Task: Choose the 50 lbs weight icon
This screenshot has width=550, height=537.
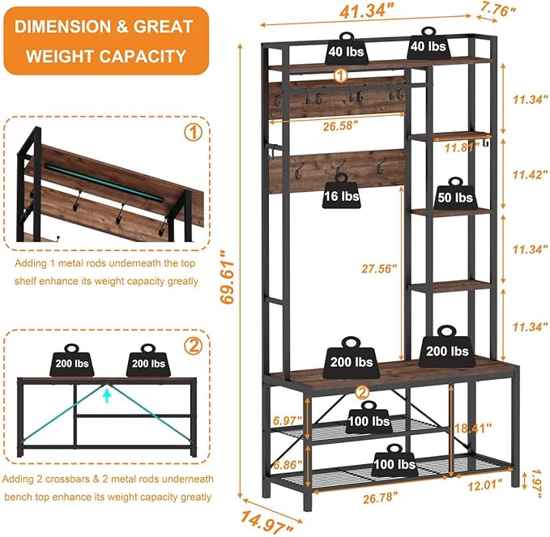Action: [454, 195]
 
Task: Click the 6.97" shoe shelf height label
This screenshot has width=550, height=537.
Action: [287, 420]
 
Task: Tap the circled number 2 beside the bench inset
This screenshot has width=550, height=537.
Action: [193, 346]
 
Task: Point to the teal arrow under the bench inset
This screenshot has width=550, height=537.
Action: [106, 393]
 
